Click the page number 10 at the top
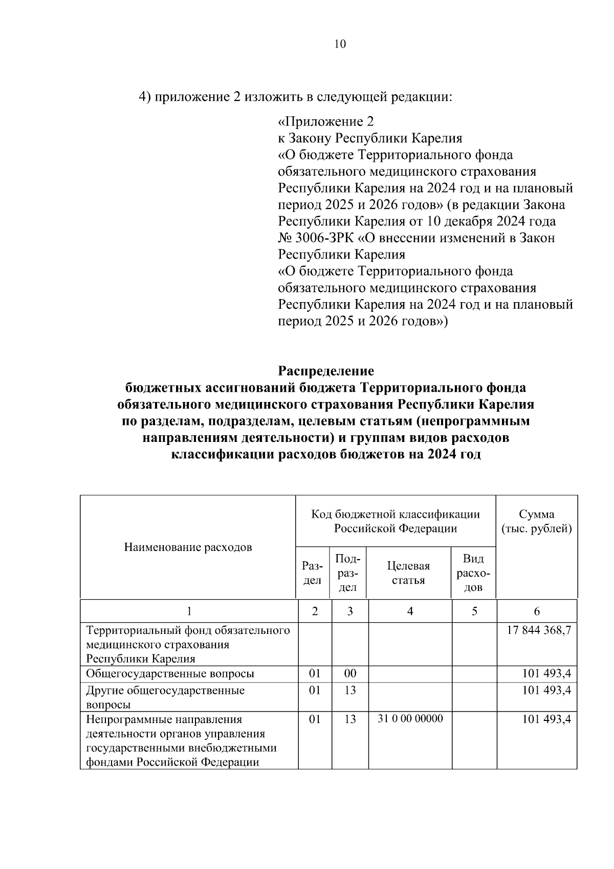click(x=340, y=44)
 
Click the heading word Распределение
click(x=325, y=371)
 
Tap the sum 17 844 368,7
click(x=538, y=630)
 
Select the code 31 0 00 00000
click(x=410, y=719)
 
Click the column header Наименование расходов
click(x=188, y=547)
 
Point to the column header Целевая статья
click(x=408, y=573)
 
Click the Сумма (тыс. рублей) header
click(x=536, y=521)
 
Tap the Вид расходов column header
click(x=473, y=573)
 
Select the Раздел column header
click(x=312, y=573)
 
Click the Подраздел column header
click(x=348, y=573)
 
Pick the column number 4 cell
click(x=410, y=611)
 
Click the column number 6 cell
click(x=536, y=611)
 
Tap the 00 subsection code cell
click(x=349, y=673)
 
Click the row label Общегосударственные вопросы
click(x=170, y=673)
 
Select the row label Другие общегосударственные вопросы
click(x=165, y=697)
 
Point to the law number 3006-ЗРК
click(x=322, y=238)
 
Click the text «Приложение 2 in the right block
click(x=325, y=122)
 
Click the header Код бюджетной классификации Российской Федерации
click(x=396, y=521)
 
